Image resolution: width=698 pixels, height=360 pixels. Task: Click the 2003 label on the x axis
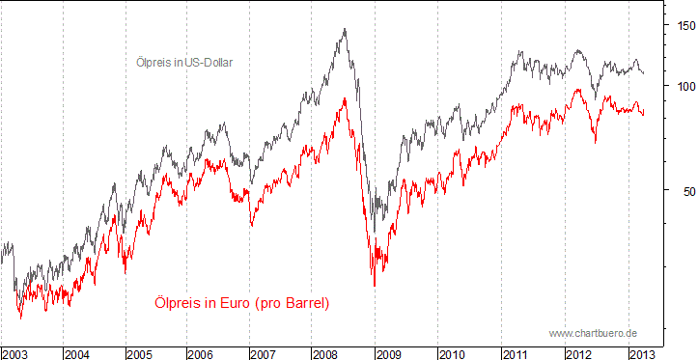pyautogui.click(x=15, y=353)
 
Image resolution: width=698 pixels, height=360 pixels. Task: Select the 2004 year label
pyautogui.click(x=78, y=353)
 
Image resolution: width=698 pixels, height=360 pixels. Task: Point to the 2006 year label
pyautogui.click(x=203, y=353)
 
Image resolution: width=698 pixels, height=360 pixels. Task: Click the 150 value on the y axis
pyautogui.click(x=683, y=25)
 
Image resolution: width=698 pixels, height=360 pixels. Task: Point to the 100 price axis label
pyautogui.click(x=683, y=86)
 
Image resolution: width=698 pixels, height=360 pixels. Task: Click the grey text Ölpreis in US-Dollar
pyautogui.click(x=185, y=63)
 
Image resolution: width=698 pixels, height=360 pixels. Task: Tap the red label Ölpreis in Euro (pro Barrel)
pyautogui.click(x=241, y=303)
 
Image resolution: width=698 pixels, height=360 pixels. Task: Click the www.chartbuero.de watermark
pyautogui.click(x=593, y=333)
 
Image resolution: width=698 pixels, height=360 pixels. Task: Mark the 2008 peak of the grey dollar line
pyautogui.click(x=345, y=29)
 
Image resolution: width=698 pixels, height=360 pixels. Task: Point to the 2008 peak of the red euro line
pyautogui.click(x=344, y=97)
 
